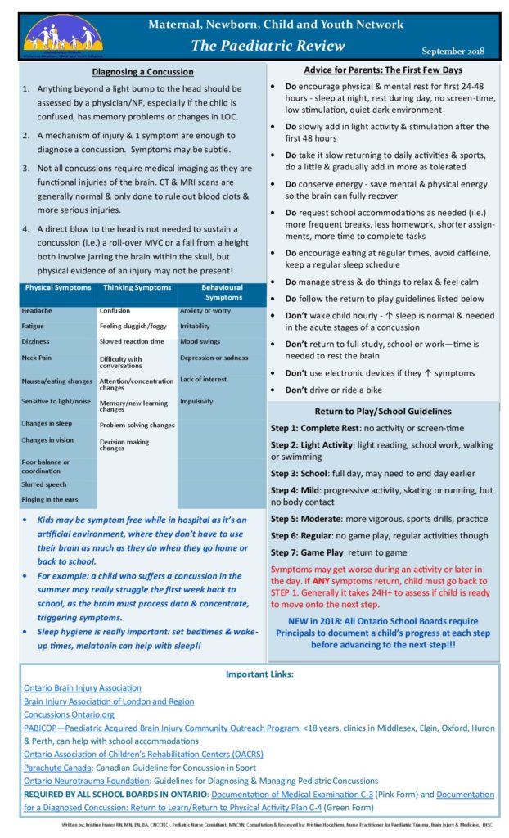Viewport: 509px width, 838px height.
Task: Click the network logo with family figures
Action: [63, 35]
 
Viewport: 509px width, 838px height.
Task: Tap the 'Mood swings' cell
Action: [200, 340]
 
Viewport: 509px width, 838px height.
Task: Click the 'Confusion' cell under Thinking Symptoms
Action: [115, 311]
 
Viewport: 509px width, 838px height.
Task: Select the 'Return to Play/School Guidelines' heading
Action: [383, 411]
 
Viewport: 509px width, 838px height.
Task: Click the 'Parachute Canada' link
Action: [58, 767]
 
